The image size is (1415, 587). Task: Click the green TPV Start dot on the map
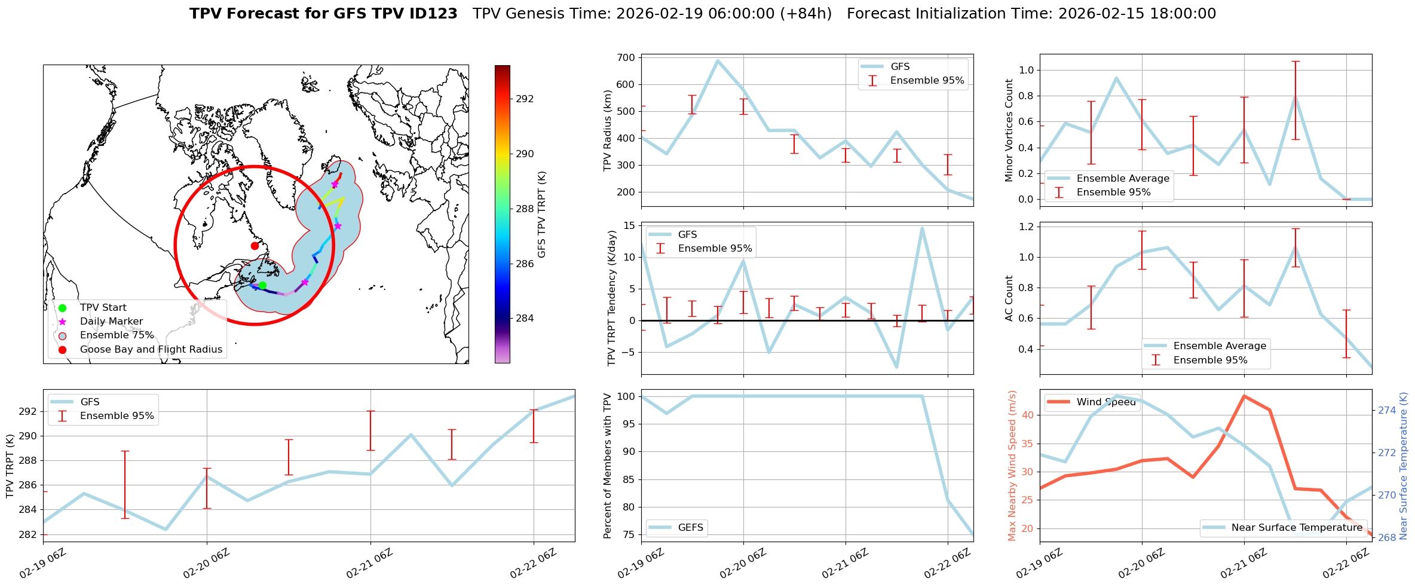pyautogui.click(x=262, y=285)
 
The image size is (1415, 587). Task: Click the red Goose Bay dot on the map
pyautogui.click(x=255, y=246)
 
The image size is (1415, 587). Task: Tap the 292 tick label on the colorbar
pyautogui.click(x=524, y=99)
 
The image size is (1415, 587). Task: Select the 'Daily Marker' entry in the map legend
pyautogui.click(x=111, y=322)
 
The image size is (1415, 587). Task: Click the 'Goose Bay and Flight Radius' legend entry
pyautogui.click(x=151, y=350)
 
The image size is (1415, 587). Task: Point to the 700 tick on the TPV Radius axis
pyautogui.click(x=626, y=57)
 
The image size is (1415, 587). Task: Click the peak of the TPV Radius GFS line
pyautogui.click(x=718, y=60)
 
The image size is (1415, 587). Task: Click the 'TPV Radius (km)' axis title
pyautogui.click(x=608, y=130)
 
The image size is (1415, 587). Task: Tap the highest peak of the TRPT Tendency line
pyautogui.click(x=922, y=228)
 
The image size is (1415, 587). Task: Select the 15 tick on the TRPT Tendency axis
pyautogui.click(x=628, y=225)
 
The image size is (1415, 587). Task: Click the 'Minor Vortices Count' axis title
pyautogui.click(x=1009, y=130)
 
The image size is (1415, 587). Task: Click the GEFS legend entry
pyautogui.click(x=690, y=528)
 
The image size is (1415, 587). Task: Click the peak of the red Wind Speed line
pyautogui.click(x=1244, y=396)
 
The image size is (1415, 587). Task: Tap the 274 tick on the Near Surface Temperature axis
pyautogui.click(x=1388, y=410)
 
